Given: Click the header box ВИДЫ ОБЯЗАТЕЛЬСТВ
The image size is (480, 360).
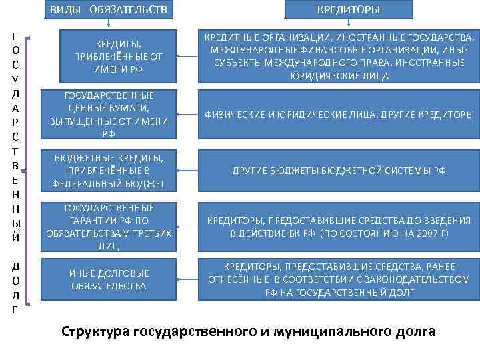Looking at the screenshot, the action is [108, 10].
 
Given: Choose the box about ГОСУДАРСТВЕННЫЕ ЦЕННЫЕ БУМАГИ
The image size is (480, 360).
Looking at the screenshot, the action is [109, 115].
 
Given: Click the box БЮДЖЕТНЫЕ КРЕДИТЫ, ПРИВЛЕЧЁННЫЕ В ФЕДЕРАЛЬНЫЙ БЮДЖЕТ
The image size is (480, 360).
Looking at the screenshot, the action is [109, 171].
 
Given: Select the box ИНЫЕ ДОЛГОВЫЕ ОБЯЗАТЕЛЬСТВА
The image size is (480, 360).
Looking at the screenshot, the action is [109, 279].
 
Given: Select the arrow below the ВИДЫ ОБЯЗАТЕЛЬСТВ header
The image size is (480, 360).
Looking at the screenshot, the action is [107, 24].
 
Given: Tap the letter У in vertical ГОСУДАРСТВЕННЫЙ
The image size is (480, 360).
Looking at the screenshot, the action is [15, 79].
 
